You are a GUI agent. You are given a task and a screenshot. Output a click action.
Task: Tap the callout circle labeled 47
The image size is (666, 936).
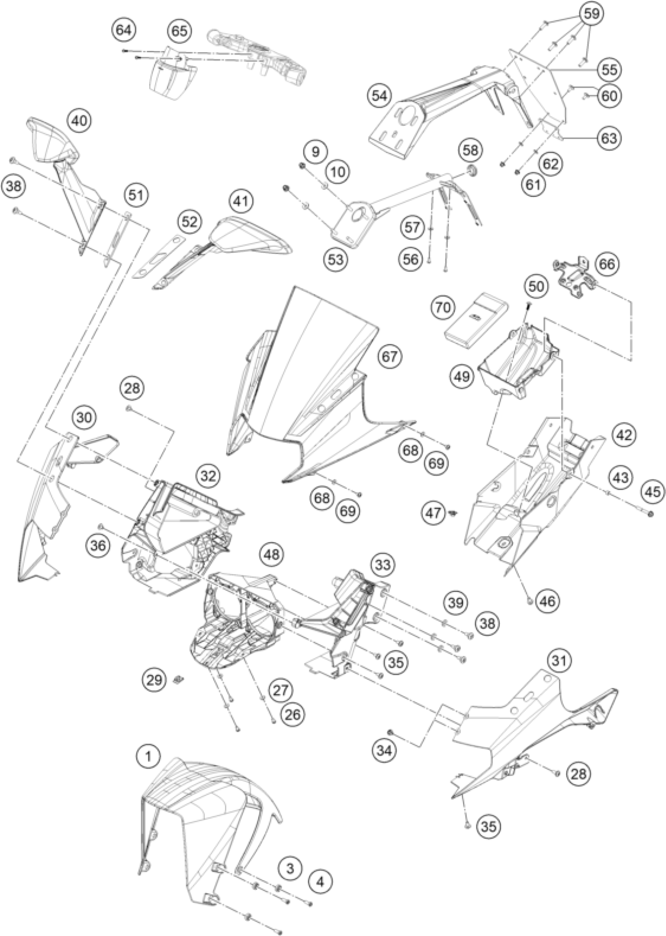click(x=434, y=513)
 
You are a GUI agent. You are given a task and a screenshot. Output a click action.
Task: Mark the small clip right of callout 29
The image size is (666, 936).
click(x=178, y=679)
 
